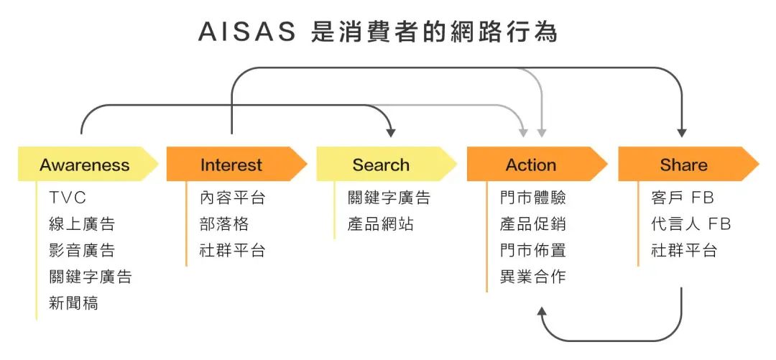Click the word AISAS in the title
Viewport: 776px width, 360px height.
click(247, 32)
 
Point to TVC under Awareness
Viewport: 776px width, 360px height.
click(68, 198)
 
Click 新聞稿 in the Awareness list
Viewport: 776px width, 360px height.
click(74, 302)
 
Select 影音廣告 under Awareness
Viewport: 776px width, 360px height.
click(82, 250)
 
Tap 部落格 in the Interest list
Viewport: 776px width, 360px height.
click(224, 223)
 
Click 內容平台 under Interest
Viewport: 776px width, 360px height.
click(233, 198)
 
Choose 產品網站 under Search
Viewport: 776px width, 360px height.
click(380, 223)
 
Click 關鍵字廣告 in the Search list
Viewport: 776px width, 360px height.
click(389, 198)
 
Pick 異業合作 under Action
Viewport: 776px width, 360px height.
click(532, 277)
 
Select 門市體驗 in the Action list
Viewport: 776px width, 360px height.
click(532, 198)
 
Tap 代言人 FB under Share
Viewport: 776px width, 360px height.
click(691, 223)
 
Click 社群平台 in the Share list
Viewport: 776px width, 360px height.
click(684, 250)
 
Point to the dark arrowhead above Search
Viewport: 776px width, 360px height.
click(391, 133)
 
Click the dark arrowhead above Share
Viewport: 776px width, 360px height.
click(682, 133)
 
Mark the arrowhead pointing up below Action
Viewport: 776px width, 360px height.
click(542, 311)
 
